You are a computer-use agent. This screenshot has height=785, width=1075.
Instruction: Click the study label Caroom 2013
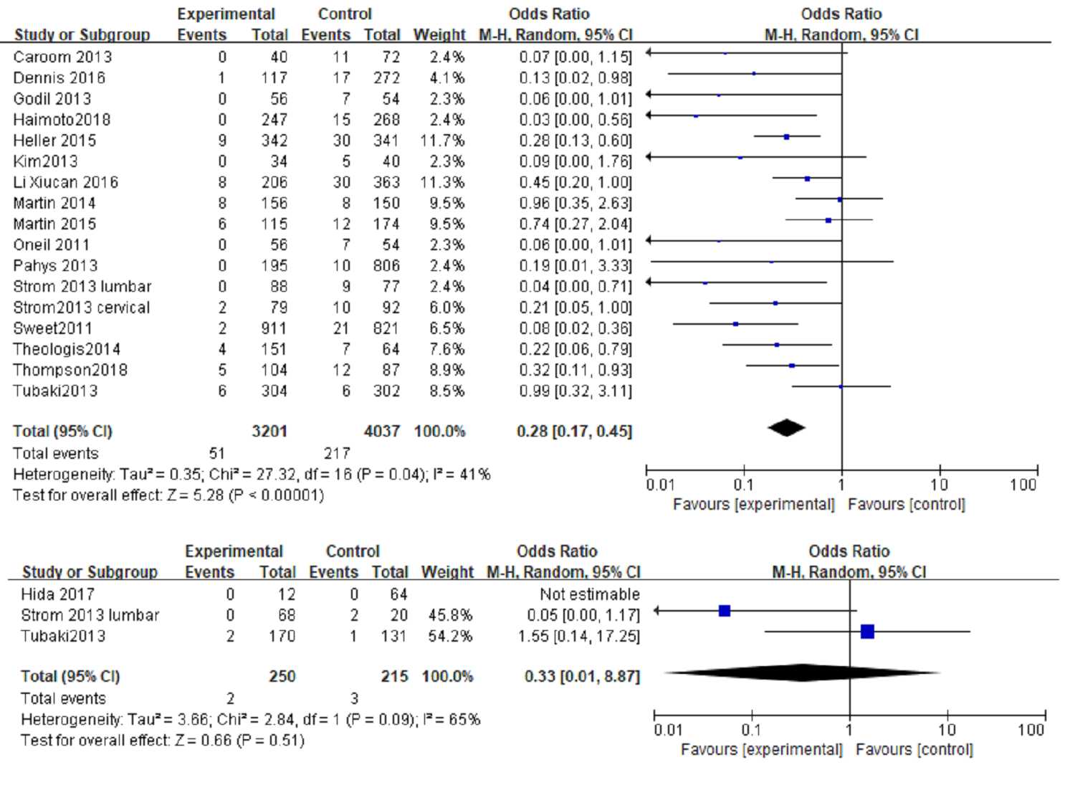pyautogui.click(x=62, y=57)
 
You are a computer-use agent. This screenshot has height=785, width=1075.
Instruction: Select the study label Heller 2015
pyautogui.click(x=54, y=141)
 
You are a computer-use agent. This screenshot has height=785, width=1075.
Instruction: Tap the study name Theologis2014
pyautogui.click(x=67, y=349)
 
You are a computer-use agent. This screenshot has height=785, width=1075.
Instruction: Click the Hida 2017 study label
pyautogui.click(x=57, y=594)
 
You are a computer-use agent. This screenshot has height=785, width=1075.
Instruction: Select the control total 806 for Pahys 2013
pyautogui.click(x=386, y=266)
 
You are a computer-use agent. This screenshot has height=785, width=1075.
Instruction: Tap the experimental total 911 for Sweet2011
pyautogui.click(x=274, y=328)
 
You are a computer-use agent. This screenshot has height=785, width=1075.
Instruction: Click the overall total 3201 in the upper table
pyautogui.click(x=269, y=432)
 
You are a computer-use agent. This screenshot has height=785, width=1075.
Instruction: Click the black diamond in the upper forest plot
pyautogui.click(x=786, y=428)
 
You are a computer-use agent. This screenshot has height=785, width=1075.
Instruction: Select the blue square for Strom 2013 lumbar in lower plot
pyautogui.click(x=725, y=611)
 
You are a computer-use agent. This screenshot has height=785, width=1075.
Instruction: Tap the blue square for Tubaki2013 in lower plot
pyautogui.click(x=867, y=632)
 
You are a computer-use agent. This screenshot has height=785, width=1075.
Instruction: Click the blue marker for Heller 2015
pyautogui.click(x=786, y=136)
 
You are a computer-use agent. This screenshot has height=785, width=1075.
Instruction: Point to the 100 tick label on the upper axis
pyautogui.click(x=1023, y=485)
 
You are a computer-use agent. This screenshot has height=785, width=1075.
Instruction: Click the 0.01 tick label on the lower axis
pyautogui.click(x=668, y=731)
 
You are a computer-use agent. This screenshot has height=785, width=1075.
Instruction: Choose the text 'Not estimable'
pyautogui.click(x=589, y=594)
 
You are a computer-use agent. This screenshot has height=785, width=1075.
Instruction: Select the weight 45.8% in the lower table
pyautogui.click(x=450, y=615)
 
